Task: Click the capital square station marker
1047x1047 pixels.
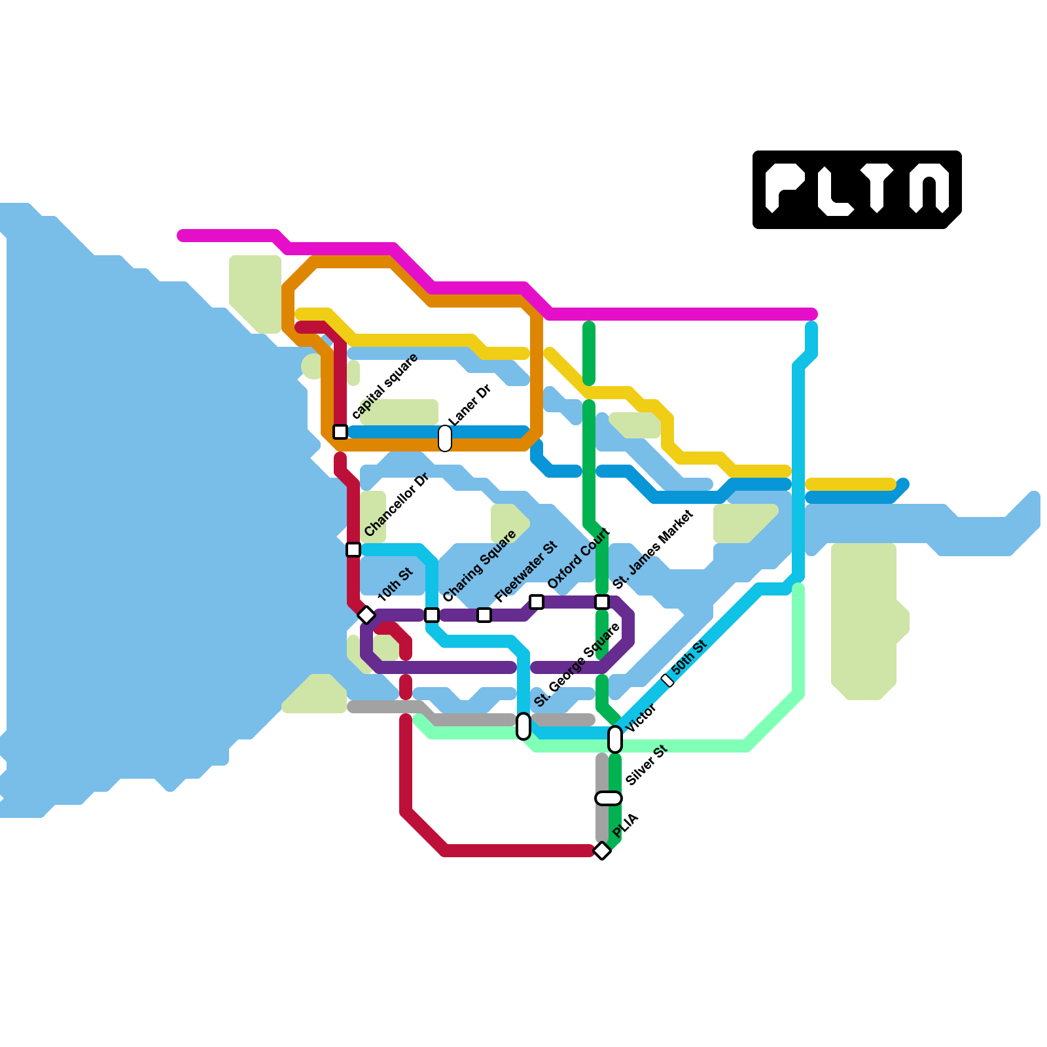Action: click(x=340, y=432)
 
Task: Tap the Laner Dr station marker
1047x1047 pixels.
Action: click(x=445, y=438)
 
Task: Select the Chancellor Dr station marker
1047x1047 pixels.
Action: click(x=353, y=550)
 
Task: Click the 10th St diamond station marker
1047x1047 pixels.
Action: click(x=366, y=615)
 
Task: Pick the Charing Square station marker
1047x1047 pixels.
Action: click(x=432, y=615)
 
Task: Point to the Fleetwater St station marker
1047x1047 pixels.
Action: click(x=484, y=615)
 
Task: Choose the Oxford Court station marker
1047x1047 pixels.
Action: click(x=537, y=602)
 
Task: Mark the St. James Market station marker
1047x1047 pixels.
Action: click(x=602, y=602)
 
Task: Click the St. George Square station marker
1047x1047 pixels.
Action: click(x=523, y=726)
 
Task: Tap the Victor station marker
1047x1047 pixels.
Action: click(x=615, y=739)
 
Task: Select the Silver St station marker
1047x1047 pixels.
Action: click(x=609, y=798)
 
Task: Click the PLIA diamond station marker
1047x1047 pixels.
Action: click(x=602, y=851)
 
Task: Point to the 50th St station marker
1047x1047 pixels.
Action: click(x=667, y=681)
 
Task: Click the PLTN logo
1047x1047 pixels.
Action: click(x=857, y=190)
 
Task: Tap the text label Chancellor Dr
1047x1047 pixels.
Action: click(x=396, y=505)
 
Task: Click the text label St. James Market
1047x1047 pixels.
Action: click(x=652, y=550)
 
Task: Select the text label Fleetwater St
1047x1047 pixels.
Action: click(x=526, y=572)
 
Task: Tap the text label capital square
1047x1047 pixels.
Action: click(x=385, y=386)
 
